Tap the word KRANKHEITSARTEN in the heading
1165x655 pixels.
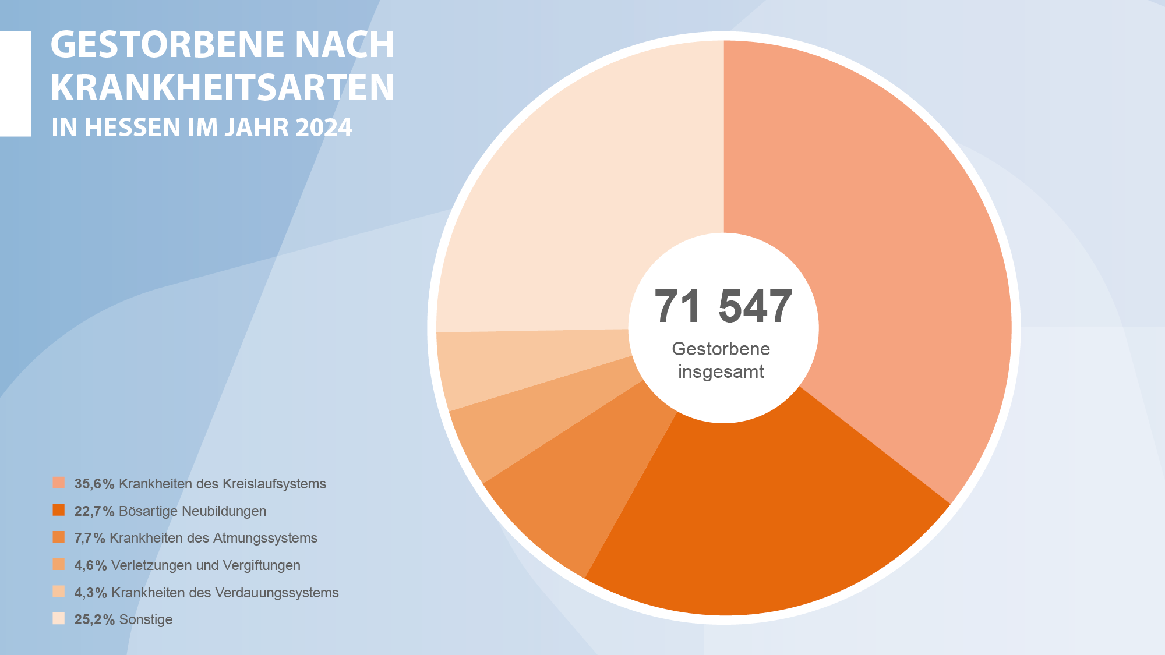223,88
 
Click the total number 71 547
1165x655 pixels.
723,306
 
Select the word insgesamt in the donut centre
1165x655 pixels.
721,371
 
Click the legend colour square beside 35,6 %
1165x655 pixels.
59,483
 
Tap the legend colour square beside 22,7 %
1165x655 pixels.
59,511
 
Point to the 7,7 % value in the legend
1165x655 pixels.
90,538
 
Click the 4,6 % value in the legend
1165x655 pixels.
90,565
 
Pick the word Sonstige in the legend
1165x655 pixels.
146,619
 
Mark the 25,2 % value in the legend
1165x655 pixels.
94,619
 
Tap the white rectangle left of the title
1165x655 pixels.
15,83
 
